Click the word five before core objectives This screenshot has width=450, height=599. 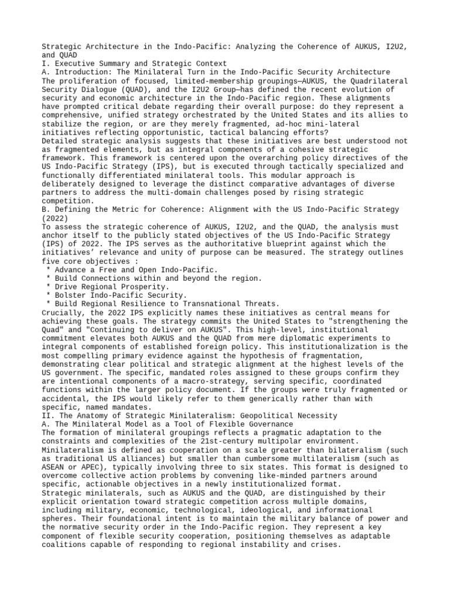coord(52,261)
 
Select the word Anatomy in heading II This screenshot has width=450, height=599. coord(94,415)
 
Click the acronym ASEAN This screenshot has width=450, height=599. coord(54,467)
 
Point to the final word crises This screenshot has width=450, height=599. coord(326,544)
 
